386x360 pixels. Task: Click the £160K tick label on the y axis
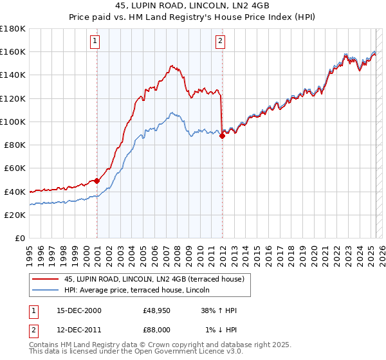pos(13,51)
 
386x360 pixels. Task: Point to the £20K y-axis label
pos(15,215)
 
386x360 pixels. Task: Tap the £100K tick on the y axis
pos(13,122)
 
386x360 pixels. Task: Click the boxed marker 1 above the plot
pos(95,42)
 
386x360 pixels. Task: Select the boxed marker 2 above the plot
pos(220,42)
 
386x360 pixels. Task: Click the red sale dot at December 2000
pos(97,181)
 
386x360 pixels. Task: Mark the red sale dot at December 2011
pos(222,136)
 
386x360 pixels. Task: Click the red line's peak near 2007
pos(172,66)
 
